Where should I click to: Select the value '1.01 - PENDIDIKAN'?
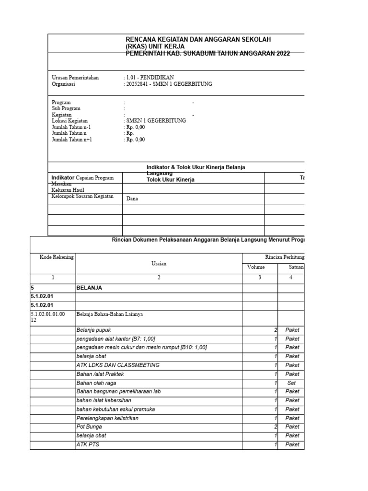(149, 78)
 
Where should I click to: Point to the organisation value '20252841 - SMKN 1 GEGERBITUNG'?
(169, 84)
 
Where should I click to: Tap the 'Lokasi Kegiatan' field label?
(69, 121)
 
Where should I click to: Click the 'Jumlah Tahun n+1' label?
(71, 140)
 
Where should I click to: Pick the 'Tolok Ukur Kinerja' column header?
(170, 179)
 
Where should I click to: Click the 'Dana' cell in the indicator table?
(132, 199)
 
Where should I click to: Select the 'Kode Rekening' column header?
(57, 257)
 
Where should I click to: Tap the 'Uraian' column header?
(159, 263)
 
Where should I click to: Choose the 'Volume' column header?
(255, 267)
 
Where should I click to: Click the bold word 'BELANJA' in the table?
(90, 288)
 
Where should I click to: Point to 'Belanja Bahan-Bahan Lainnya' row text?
(110, 315)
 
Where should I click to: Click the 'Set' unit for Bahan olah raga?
(292, 383)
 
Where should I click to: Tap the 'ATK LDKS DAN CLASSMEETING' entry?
(118, 365)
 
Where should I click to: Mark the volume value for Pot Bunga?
(276, 427)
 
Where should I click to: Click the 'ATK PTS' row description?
(87, 444)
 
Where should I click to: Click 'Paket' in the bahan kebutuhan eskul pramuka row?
(292, 409)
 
